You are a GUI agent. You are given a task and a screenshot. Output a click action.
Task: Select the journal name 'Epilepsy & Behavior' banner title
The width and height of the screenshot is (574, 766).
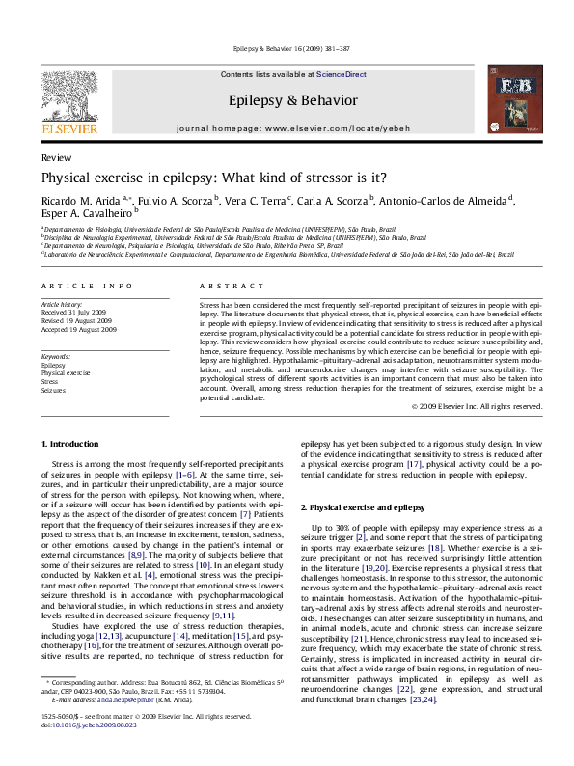287,99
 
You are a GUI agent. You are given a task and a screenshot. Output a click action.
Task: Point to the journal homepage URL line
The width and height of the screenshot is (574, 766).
287,127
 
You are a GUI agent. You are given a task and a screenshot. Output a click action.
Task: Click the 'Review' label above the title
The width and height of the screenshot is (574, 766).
52,156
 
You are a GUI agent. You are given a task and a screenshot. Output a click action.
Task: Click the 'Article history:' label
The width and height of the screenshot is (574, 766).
61,303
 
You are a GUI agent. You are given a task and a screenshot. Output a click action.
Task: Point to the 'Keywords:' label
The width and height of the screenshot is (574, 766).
56,356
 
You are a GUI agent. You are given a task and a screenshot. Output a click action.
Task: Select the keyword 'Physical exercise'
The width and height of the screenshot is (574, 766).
66,371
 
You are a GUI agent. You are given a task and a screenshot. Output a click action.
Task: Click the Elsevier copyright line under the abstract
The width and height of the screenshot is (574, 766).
477,406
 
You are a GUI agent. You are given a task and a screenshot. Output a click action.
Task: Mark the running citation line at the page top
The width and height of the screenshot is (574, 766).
287,47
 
